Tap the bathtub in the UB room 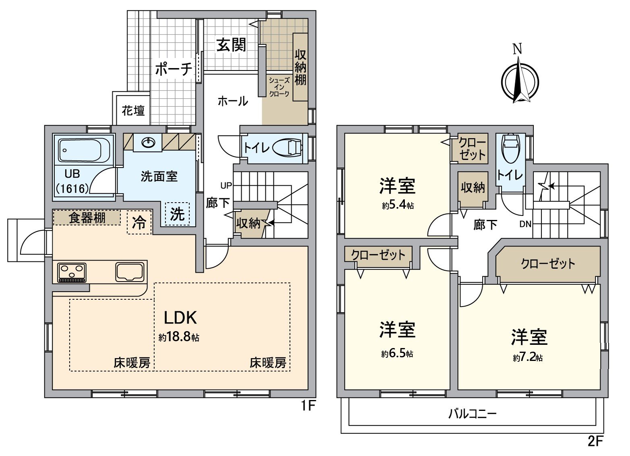point(84,150)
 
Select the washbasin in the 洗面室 point(148,143)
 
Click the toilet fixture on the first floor point(288,147)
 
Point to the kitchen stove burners point(72,272)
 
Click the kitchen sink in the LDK point(129,272)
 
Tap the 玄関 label point(231,45)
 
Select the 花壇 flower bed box point(133,110)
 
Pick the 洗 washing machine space point(177,214)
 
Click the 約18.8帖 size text point(179,337)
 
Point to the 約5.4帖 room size point(398,205)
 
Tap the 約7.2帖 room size point(528,357)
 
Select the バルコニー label point(472,414)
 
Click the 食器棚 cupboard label point(87,218)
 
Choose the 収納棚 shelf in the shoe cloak point(300,67)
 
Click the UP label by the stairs point(226,186)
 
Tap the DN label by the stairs point(525,224)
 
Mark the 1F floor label point(308,405)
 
